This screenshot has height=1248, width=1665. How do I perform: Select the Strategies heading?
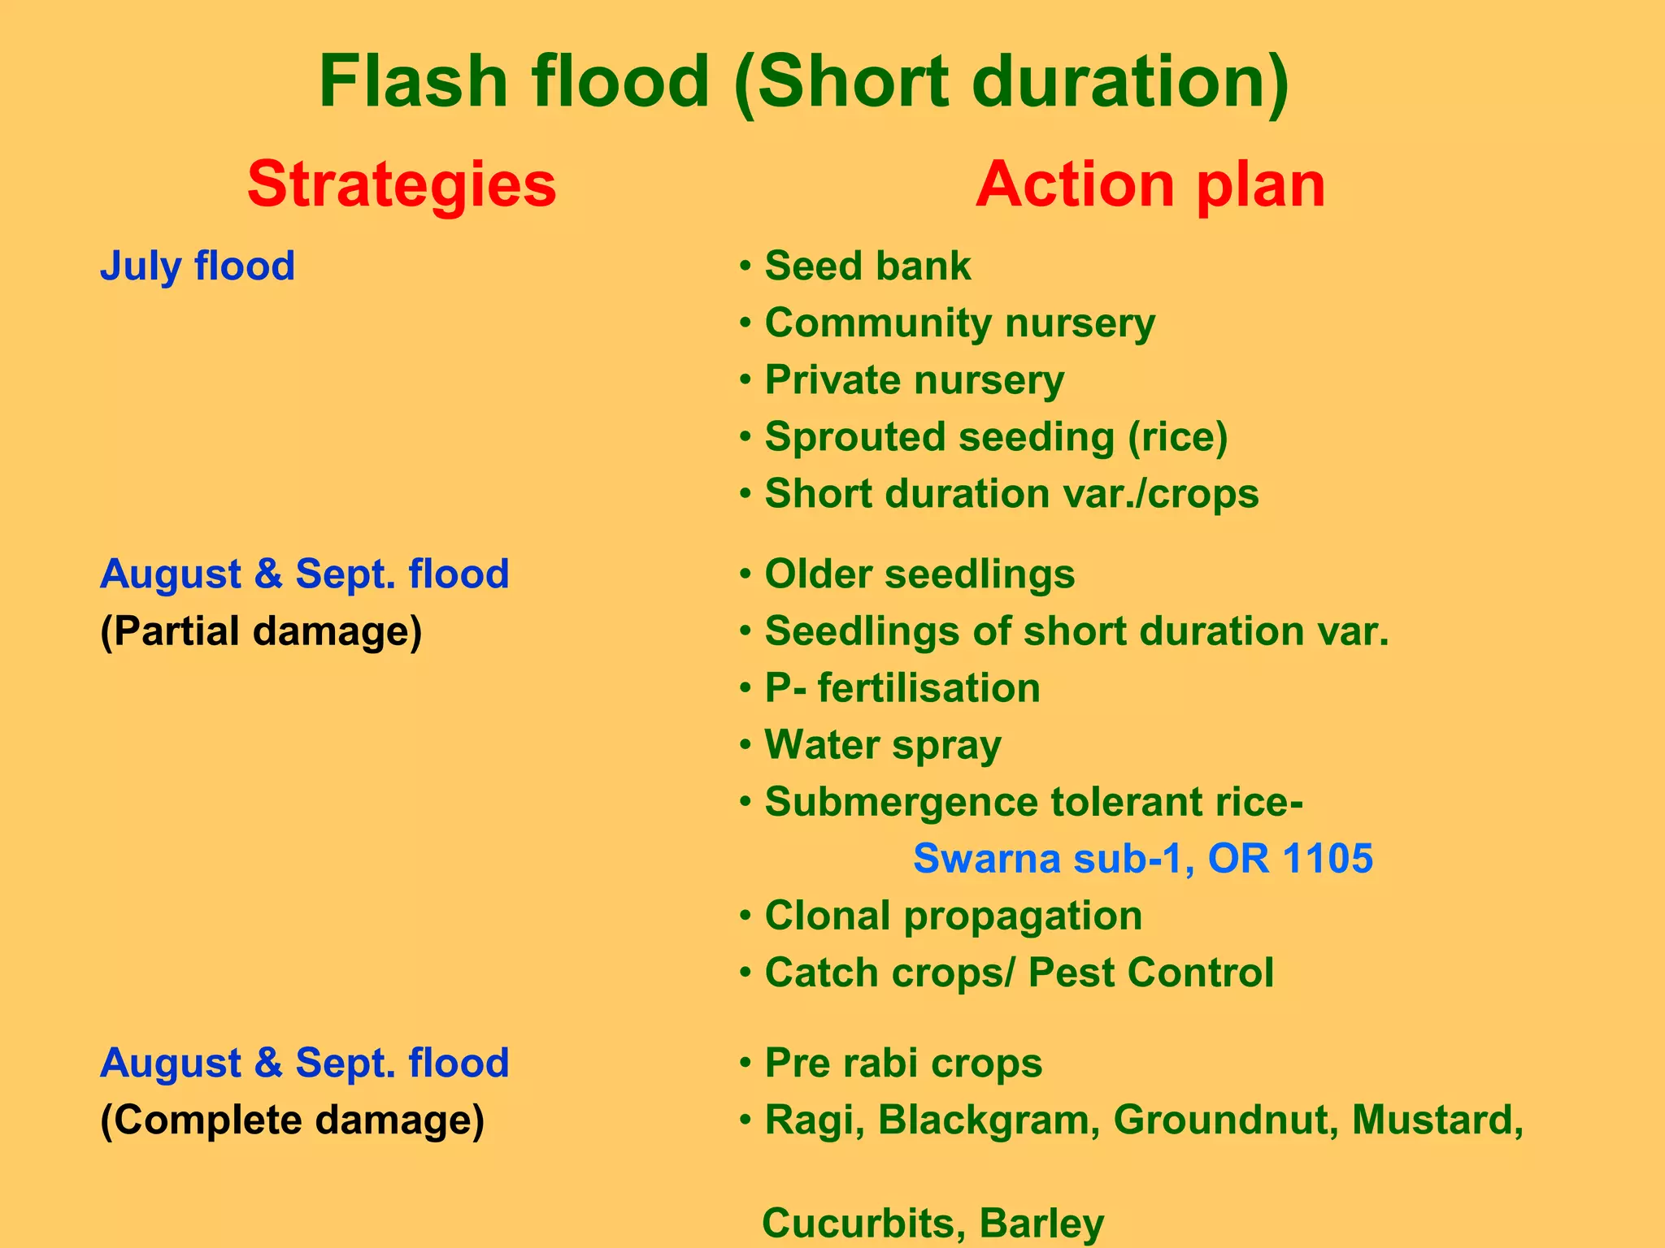click(x=402, y=184)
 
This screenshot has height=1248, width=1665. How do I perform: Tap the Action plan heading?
click(x=1150, y=184)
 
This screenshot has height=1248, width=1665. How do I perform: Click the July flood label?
click(x=198, y=266)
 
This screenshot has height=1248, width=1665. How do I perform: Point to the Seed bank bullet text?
click(x=867, y=266)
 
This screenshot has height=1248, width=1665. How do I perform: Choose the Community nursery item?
click(x=959, y=323)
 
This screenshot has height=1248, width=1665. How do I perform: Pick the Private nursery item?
click(x=914, y=380)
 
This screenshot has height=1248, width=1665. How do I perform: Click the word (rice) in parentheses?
click(x=1177, y=437)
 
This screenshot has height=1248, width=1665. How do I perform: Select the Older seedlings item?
click(x=919, y=574)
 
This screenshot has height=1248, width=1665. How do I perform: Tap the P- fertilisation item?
click(x=902, y=688)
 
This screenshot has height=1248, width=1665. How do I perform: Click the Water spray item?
click(x=883, y=745)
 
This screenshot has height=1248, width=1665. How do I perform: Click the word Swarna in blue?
click(x=987, y=859)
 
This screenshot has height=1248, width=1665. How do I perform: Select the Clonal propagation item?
click(x=953, y=916)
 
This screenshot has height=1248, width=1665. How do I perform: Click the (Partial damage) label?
click(x=261, y=631)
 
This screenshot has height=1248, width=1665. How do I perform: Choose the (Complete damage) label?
click(x=292, y=1120)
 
